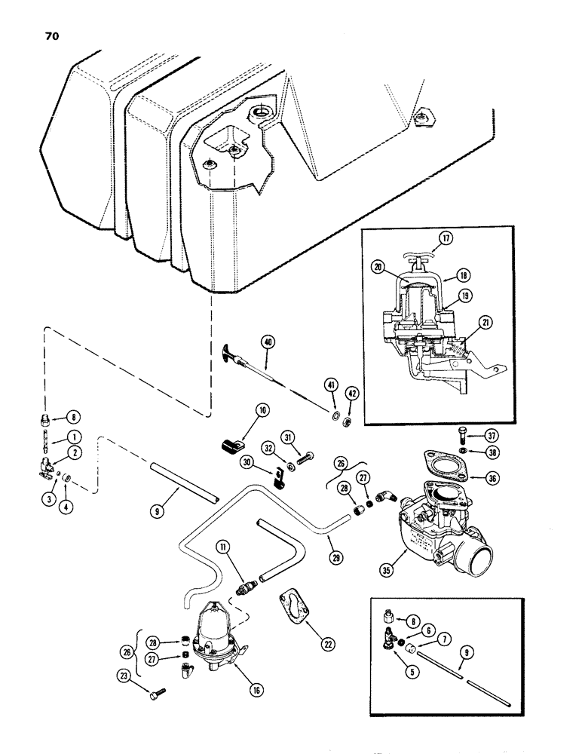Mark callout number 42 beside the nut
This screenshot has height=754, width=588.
pyautogui.click(x=353, y=394)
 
